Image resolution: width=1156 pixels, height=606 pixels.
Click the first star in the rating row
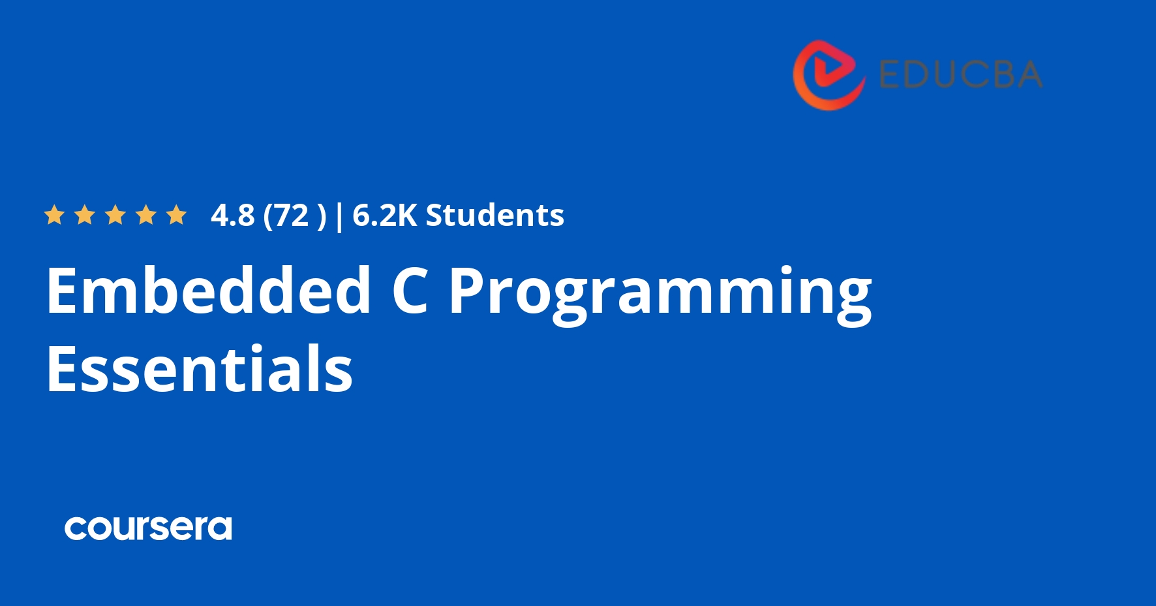[x=54, y=215]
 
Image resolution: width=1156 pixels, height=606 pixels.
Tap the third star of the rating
[x=115, y=215]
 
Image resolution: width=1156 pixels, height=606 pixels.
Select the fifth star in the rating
[x=177, y=215]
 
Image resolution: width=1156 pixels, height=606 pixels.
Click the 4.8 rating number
[x=232, y=215]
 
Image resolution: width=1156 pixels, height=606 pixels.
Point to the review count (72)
[x=294, y=216]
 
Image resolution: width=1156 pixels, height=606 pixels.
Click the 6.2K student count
[x=384, y=215]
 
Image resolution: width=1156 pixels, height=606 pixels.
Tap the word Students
[x=494, y=215]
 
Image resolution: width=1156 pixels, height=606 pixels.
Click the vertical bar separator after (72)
[x=339, y=217]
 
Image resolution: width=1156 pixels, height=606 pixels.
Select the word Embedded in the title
[x=209, y=290]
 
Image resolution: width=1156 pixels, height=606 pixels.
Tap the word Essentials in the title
[x=200, y=368]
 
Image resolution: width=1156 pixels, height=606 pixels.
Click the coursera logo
[x=148, y=528]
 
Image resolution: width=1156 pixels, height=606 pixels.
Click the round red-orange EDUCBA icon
[x=829, y=75]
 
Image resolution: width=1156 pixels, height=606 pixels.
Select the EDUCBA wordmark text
[x=960, y=74]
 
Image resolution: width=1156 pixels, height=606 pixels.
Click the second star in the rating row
[x=85, y=215]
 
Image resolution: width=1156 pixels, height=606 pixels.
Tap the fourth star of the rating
[x=146, y=215]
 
